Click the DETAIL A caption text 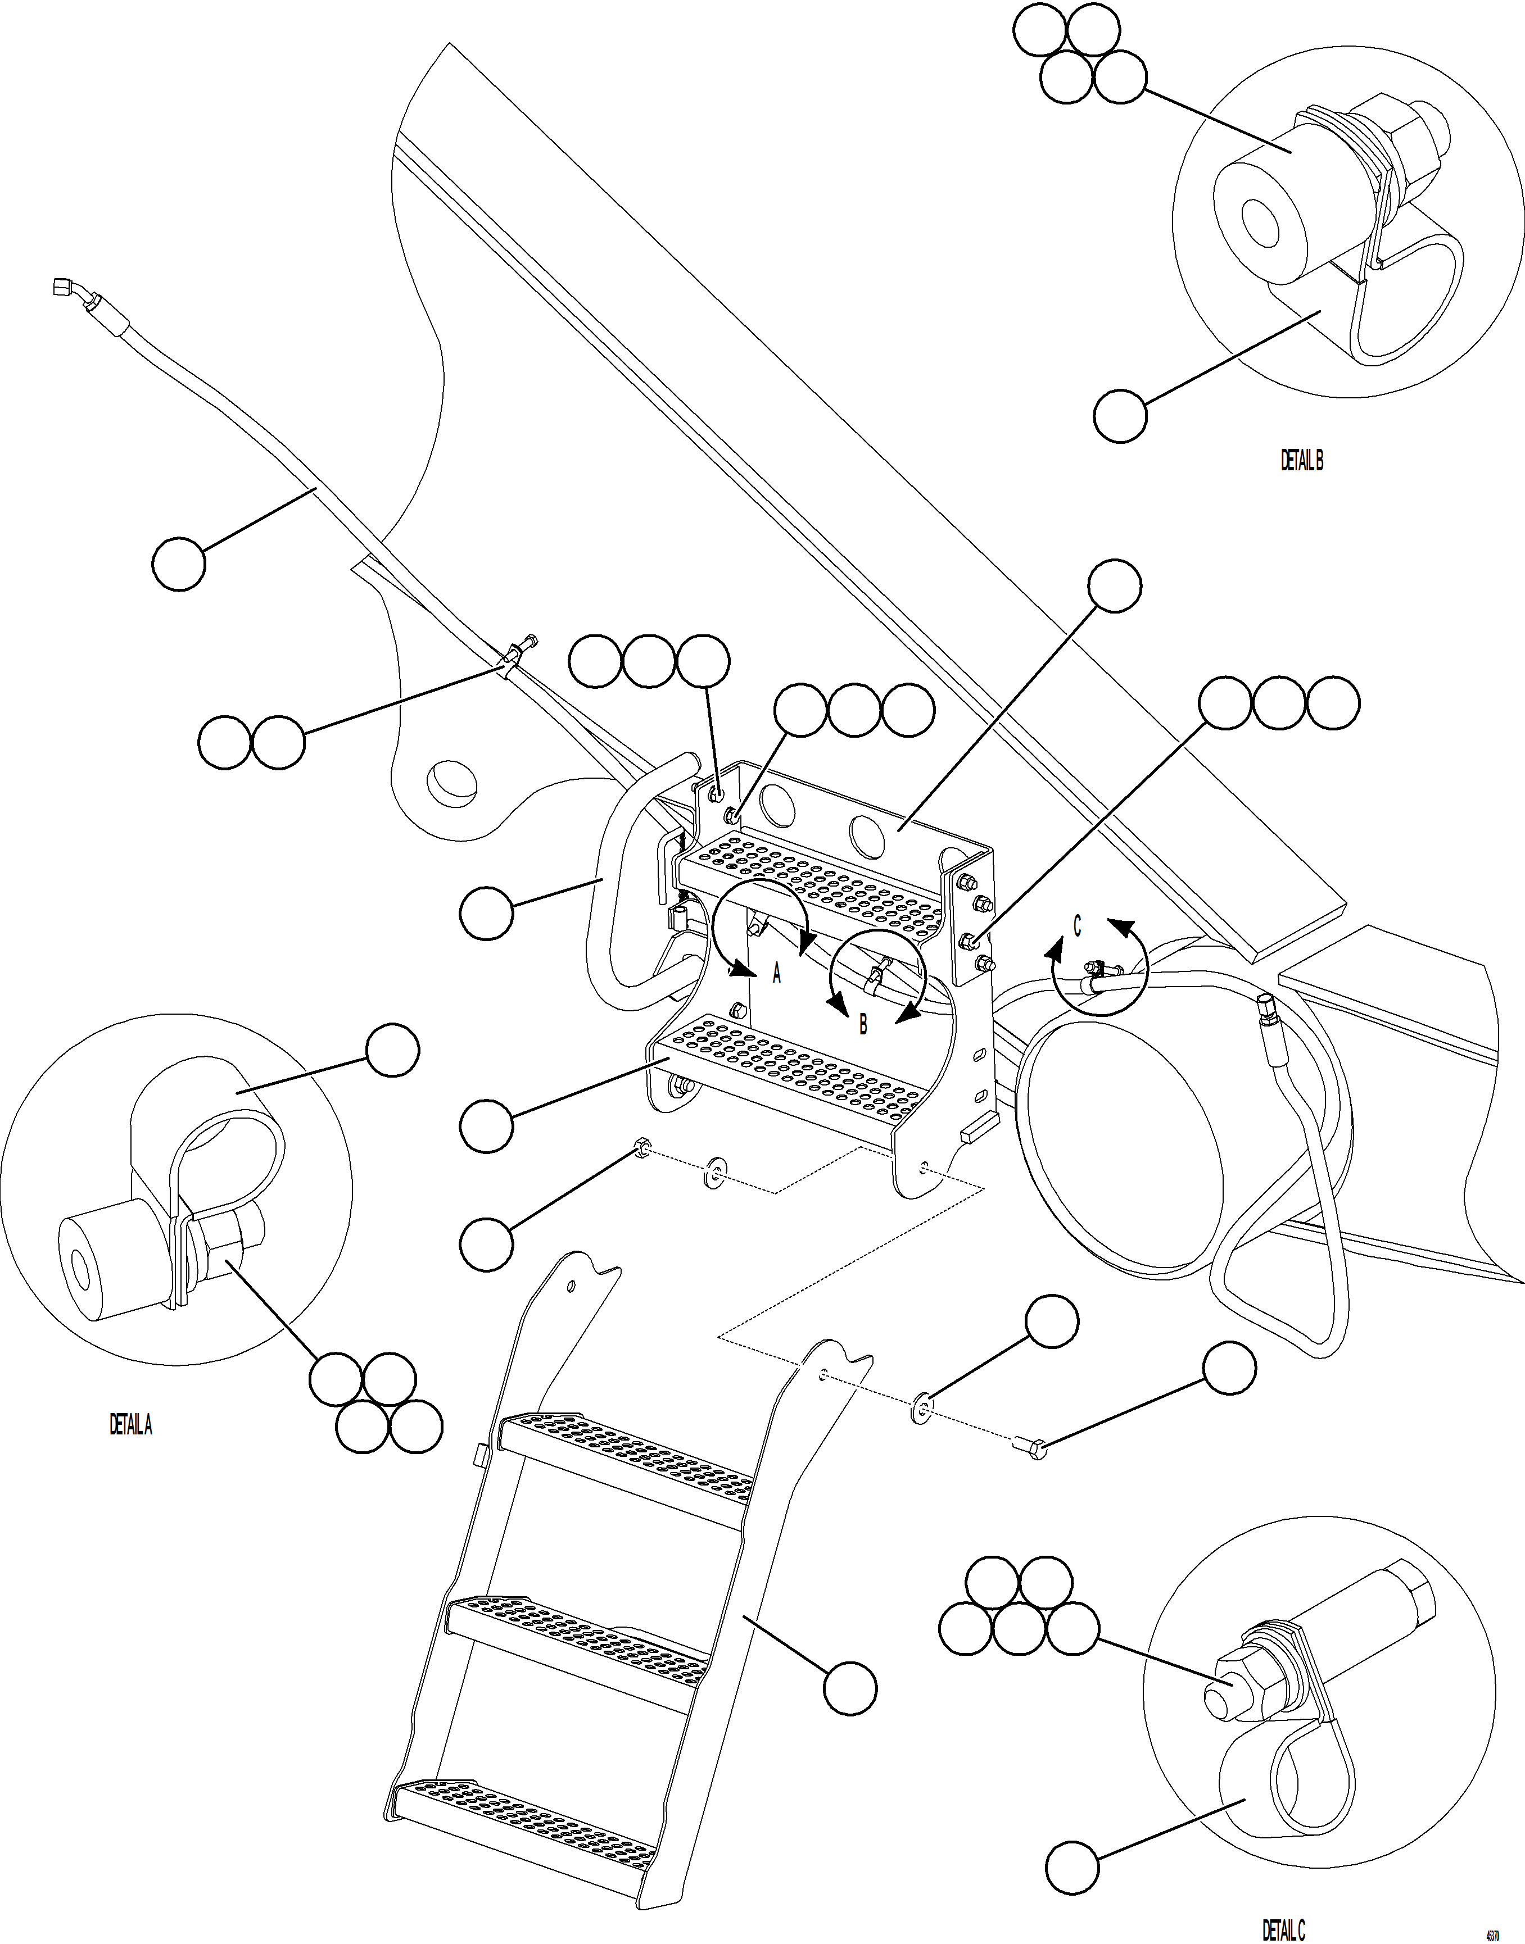pyautogui.click(x=130, y=1425)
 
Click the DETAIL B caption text pyautogui.click(x=1302, y=461)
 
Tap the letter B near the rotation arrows pyautogui.click(x=862, y=1025)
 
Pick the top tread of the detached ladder pyautogui.click(x=625, y=1457)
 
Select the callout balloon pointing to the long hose pyautogui.click(x=179, y=563)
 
